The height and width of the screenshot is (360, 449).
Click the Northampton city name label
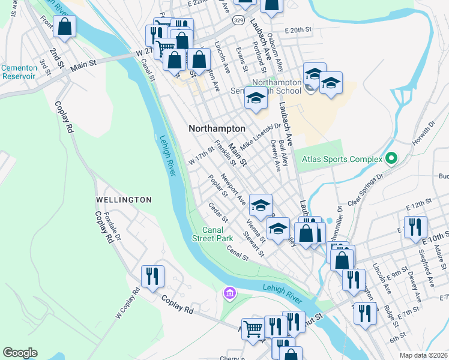click(x=217, y=128)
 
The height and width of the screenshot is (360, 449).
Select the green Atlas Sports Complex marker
click(x=391, y=159)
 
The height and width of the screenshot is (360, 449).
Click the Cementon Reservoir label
click(x=19, y=72)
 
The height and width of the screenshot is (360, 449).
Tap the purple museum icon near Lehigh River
click(x=229, y=293)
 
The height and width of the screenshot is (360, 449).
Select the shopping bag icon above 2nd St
click(x=64, y=27)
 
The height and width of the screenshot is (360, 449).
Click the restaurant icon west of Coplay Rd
click(x=152, y=277)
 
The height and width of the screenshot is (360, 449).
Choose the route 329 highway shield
click(x=238, y=20)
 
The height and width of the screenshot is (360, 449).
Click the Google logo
click(x=20, y=353)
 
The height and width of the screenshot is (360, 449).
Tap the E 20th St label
click(x=299, y=29)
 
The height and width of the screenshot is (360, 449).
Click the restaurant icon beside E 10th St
click(x=415, y=227)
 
